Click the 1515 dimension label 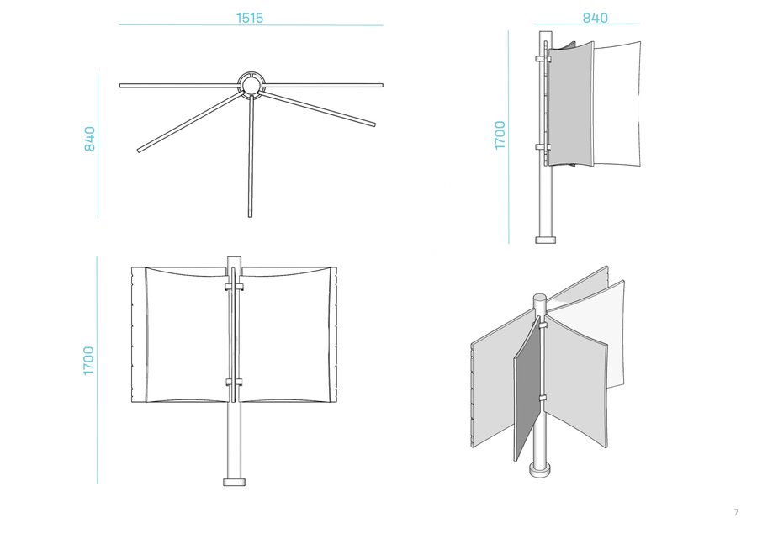pyautogui.click(x=250, y=18)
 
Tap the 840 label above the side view pyautogui.click(x=595, y=18)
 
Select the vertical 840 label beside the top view pyautogui.click(x=90, y=139)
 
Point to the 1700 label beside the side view pyautogui.click(x=500, y=135)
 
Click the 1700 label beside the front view pyautogui.click(x=88, y=361)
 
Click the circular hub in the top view pyautogui.click(x=251, y=86)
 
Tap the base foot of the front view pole pyautogui.click(x=234, y=482)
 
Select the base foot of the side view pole pyautogui.click(x=546, y=240)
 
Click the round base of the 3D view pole pyautogui.click(x=540, y=469)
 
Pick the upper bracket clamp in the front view pyautogui.click(x=234, y=288)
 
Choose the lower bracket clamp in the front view pyautogui.click(x=234, y=383)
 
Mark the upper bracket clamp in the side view pyautogui.click(x=543, y=59)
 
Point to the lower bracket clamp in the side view pyautogui.click(x=543, y=147)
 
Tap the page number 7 pyautogui.click(x=736, y=512)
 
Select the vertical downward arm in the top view pyautogui.click(x=251, y=156)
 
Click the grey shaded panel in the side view pyautogui.click(x=571, y=103)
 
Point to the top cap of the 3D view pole pyautogui.click(x=540, y=299)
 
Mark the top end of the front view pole pyautogui.click(x=234, y=257)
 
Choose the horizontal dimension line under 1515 pyautogui.click(x=251, y=25)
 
